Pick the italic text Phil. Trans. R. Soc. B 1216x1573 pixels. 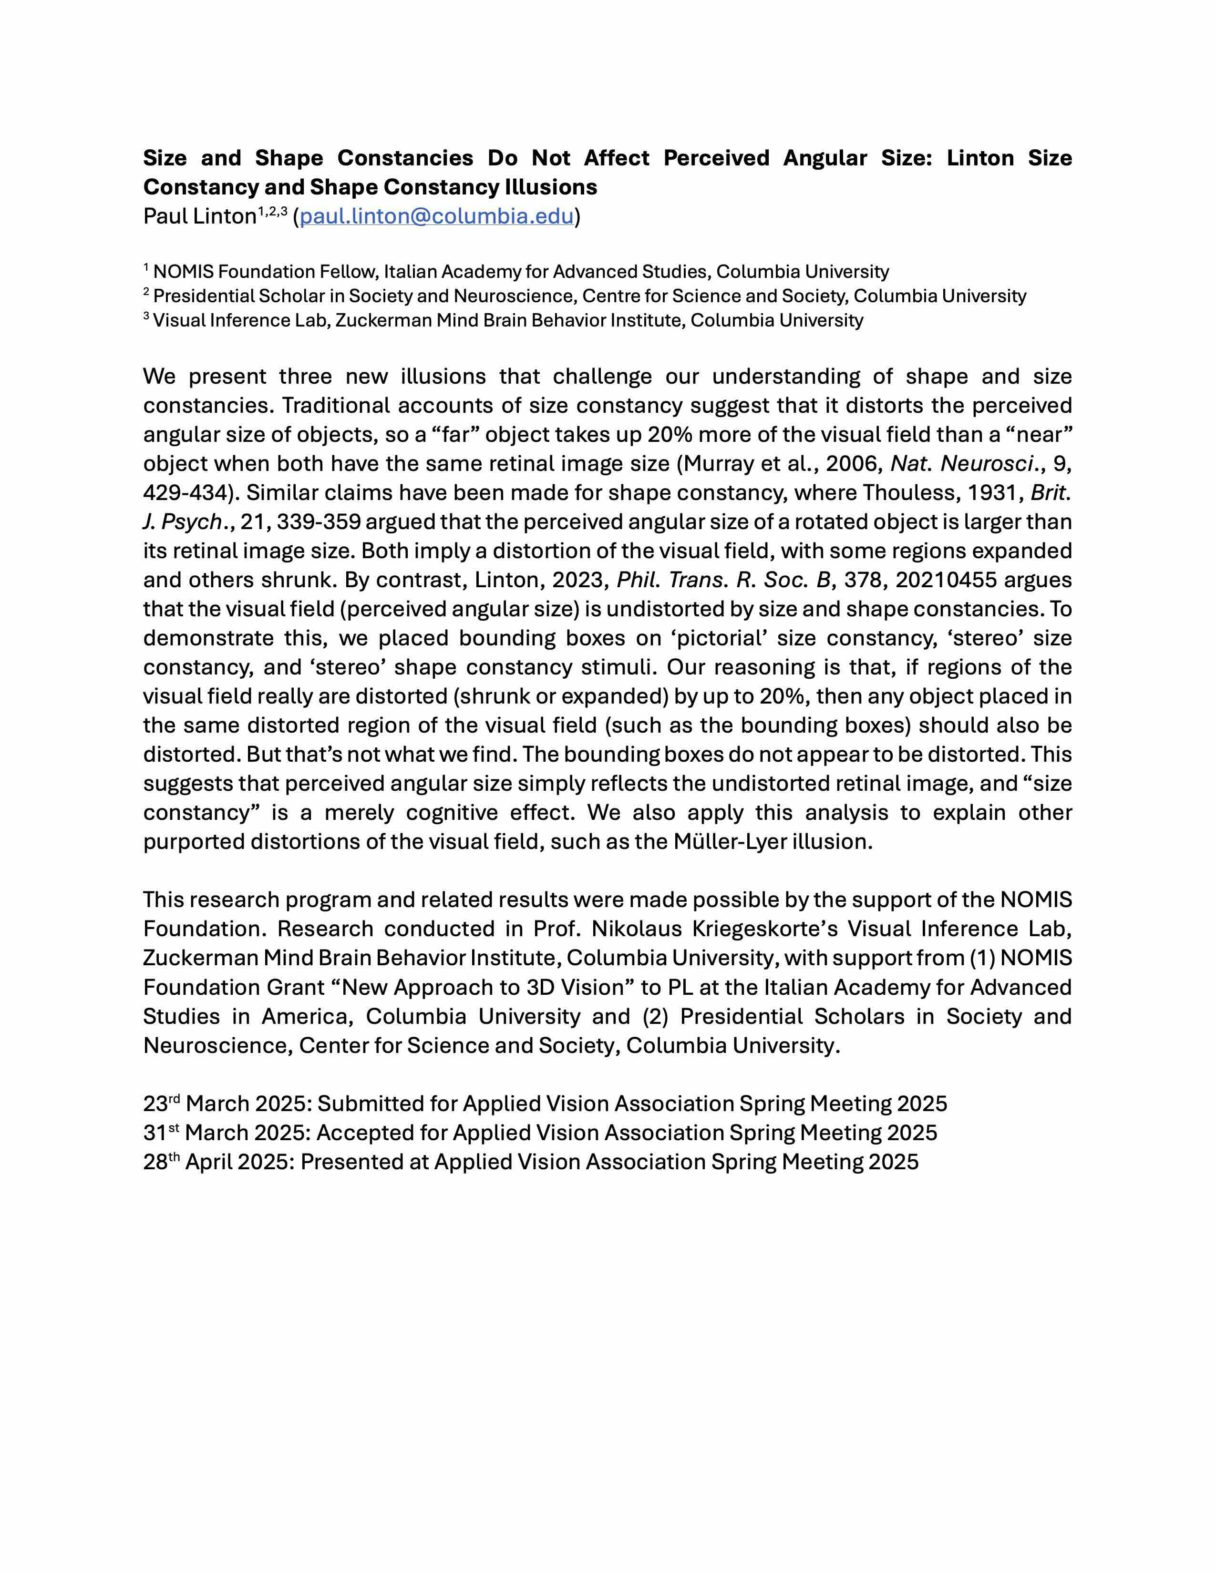(723, 580)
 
